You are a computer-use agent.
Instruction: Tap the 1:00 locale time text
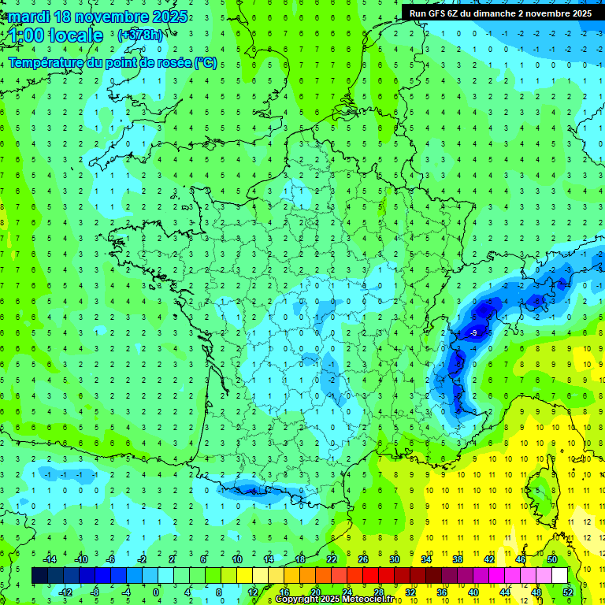pyautogui.click(x=57, y=35)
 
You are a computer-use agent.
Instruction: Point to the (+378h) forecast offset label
pyautogui.click(x=141, y=35)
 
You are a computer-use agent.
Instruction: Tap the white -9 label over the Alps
pyautogui.click(x=473, y=334)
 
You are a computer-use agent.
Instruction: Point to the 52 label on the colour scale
pyautogui.click(x=568, y=592)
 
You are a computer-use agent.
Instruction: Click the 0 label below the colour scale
pyautogui.click(x=156, y=592)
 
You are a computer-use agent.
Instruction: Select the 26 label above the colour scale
pyautogui.click(x=363, y=559)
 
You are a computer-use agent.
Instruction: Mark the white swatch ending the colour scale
pyautogui.click(x=559, y=576)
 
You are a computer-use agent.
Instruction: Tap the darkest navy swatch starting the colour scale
pyautogui.click(x=40, y=576)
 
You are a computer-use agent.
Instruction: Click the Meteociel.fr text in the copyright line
pyautogui.click(x=367, y=599)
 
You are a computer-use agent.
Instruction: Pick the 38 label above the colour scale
pyautogui.click(x=457, y=559)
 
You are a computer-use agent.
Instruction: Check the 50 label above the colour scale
pyautogui.click(x=552, y=559)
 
